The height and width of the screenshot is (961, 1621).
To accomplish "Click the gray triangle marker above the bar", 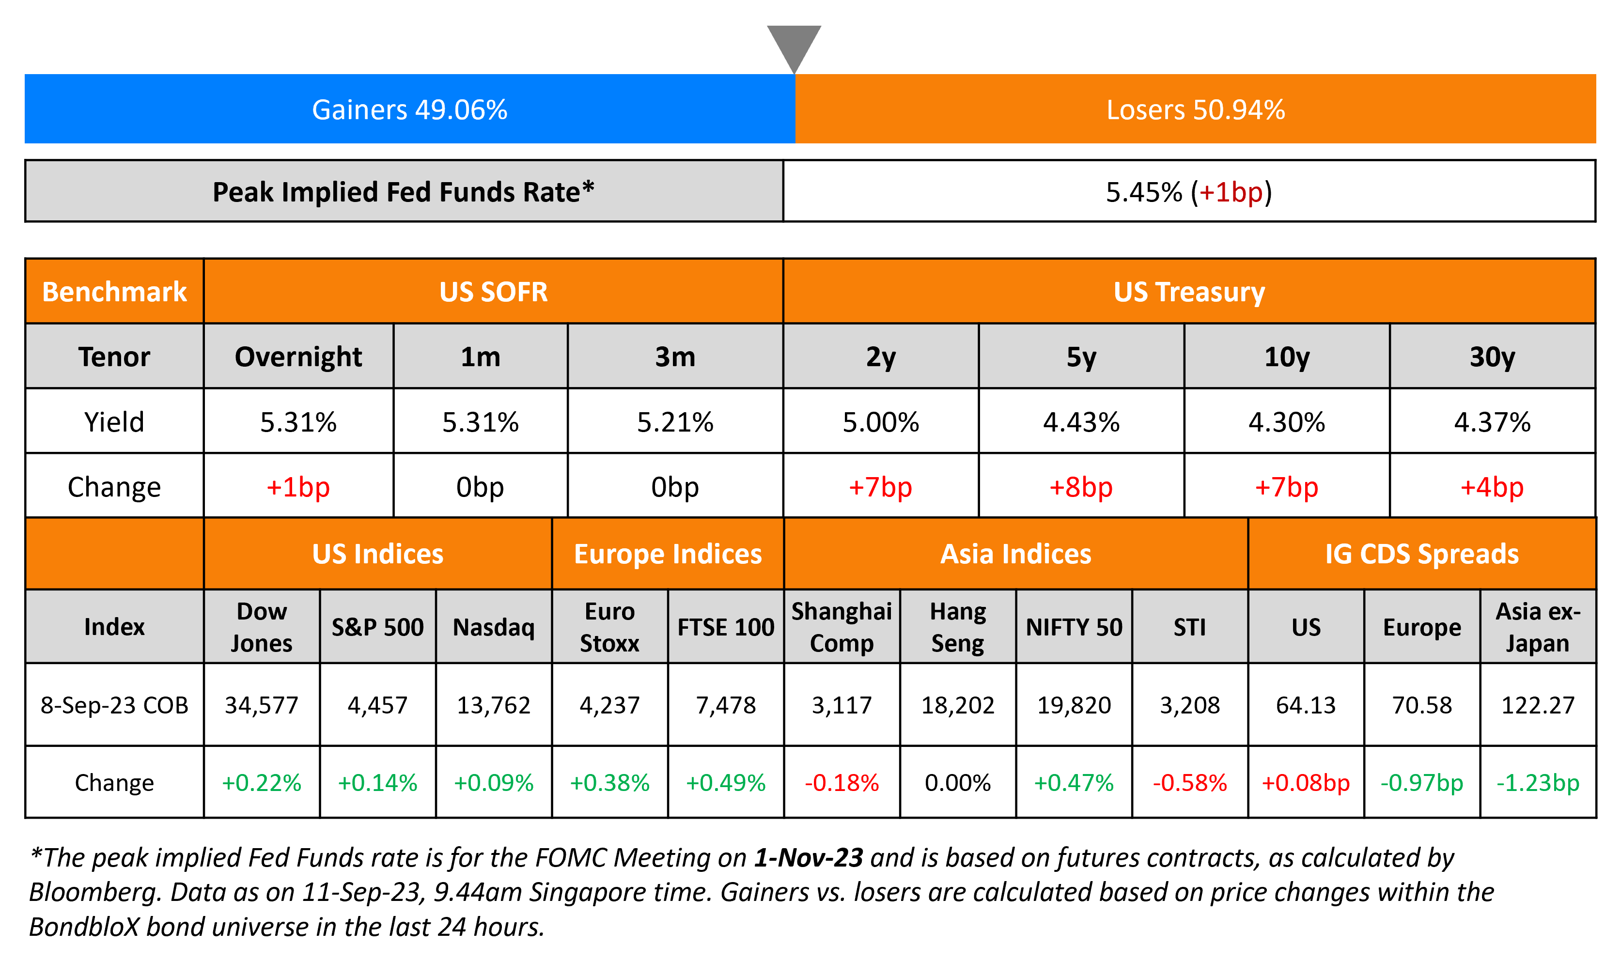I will (794, 44).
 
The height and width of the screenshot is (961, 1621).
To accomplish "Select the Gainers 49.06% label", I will (409, 109).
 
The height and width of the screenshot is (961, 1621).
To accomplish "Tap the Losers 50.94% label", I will (1195, 109).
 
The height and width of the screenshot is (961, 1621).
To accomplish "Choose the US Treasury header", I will (1189, 292).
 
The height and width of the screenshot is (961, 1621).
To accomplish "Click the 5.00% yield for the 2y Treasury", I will (880, 422).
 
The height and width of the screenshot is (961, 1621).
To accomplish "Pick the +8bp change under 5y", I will (1081, 487).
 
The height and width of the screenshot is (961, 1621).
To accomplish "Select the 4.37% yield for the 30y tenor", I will (1492, 422).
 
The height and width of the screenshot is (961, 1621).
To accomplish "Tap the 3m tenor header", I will (675, 357).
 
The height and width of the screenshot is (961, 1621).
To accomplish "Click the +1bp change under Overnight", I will (298, 487).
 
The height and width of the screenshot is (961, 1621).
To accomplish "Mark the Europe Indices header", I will (668, 554).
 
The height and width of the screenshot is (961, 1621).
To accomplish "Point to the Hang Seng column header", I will (957, 627).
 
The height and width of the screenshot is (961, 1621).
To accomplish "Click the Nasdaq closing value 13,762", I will (494, 705).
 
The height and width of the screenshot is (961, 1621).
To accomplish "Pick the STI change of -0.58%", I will (1190, 783).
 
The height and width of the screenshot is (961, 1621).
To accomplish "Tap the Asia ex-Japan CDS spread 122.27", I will (1538, 705).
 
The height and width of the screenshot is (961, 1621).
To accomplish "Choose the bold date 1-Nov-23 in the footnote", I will (808, 858).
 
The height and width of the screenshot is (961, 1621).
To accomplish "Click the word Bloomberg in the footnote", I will (94, 892).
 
